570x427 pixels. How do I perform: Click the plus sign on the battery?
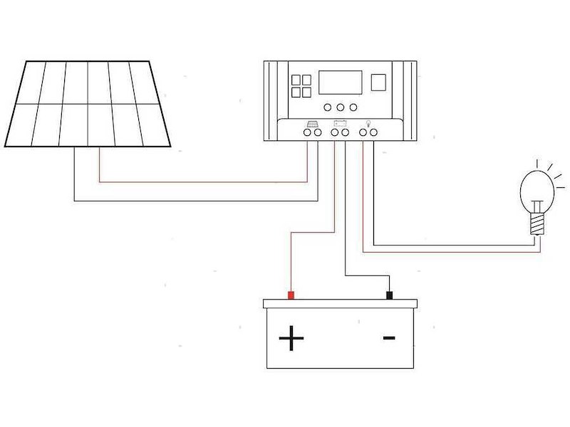tap(291, 339)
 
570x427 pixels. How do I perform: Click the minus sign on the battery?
tap(389, 337)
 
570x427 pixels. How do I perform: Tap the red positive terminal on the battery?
tap(291, 295)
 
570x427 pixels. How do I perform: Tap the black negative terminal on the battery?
tap(390, 295)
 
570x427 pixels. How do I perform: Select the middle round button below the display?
tap(340, 108)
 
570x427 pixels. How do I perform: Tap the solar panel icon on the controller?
tap(312, 123)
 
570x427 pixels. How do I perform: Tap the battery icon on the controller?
tap(340, 123)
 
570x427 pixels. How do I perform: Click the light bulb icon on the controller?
tap(368, 123)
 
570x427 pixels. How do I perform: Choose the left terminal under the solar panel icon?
tap(307, 132)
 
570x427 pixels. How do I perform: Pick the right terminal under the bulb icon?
tap(373, 132)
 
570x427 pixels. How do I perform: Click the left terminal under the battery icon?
tap(335, 132)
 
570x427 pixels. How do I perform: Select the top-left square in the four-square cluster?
tap(295, 80)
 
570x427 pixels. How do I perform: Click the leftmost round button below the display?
tap(327, 108)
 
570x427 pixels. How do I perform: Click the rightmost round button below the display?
tap(353, 108)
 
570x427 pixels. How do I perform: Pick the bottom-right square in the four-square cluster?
tap(306, 92)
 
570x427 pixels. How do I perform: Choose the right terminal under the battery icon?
tap(345, 132)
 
